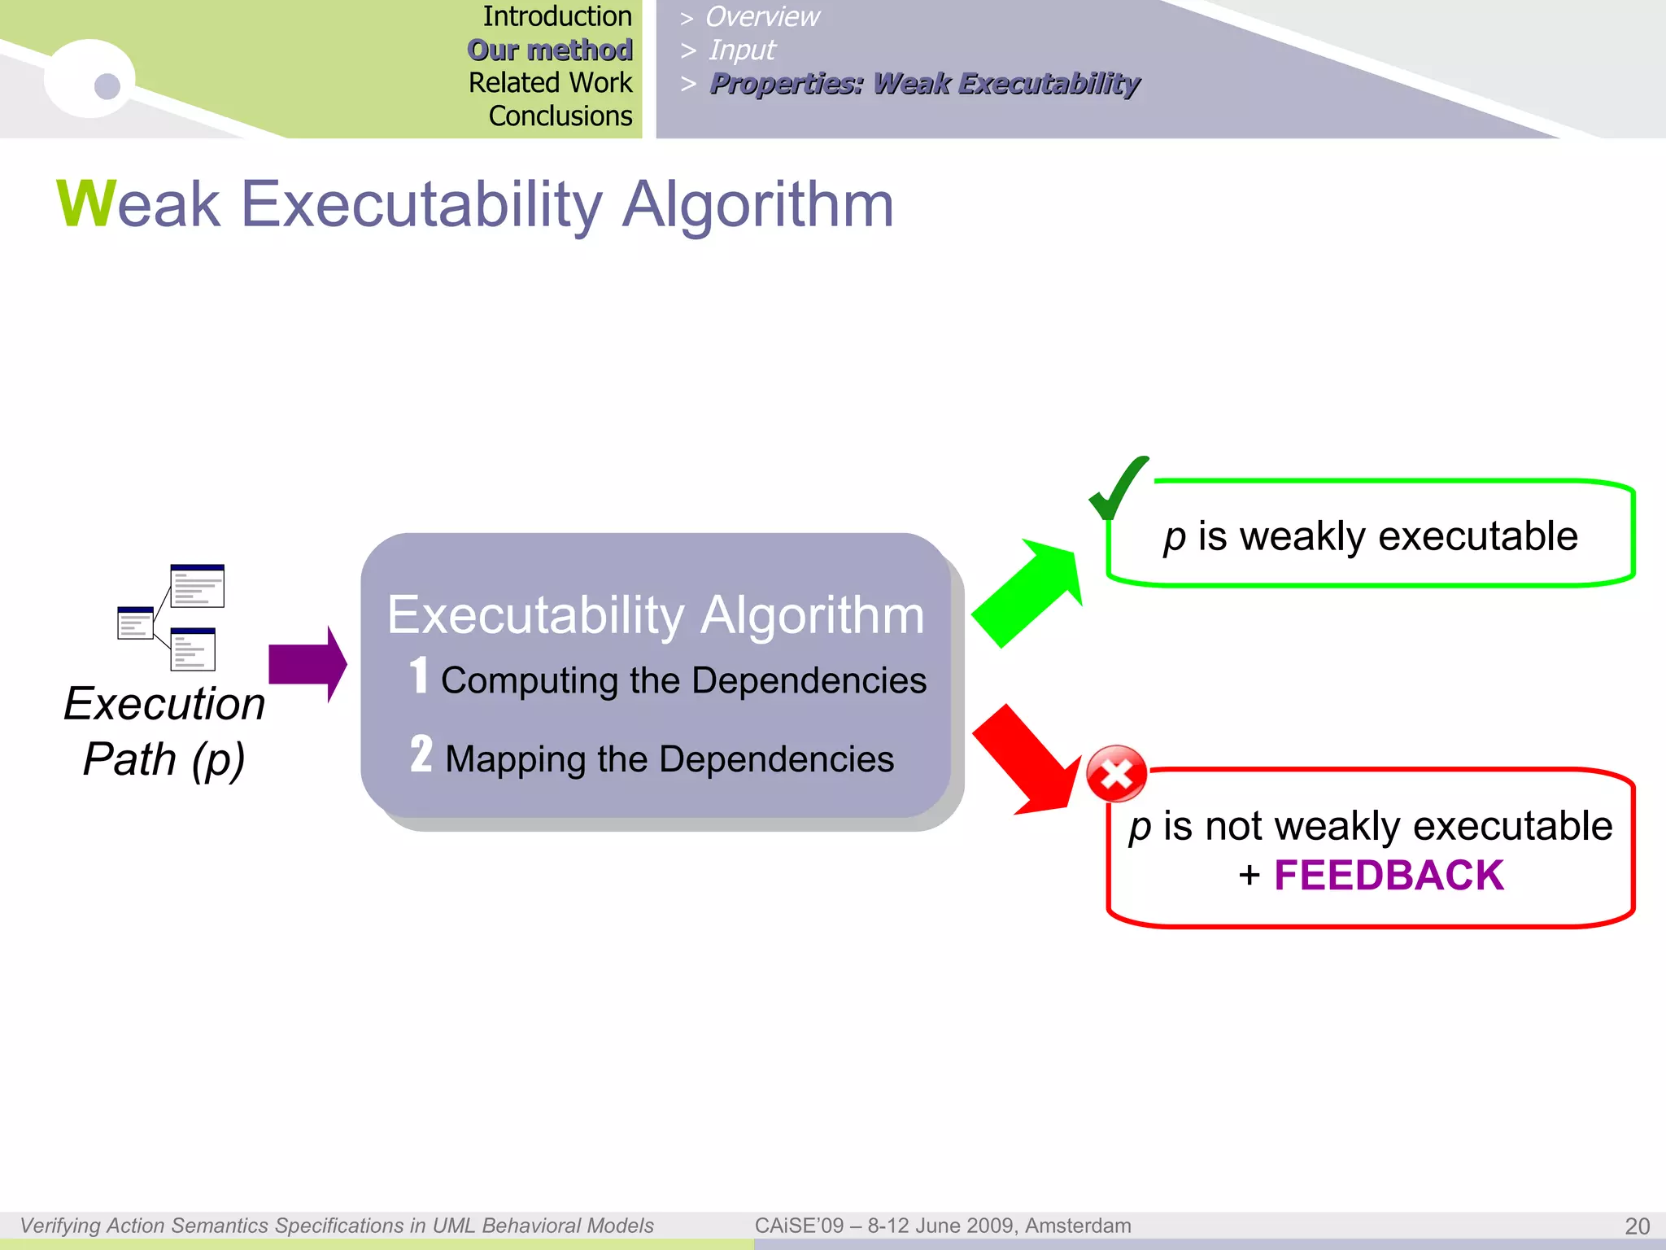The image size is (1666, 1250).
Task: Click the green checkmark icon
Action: (x=1117, y=488)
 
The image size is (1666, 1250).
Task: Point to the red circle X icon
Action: (x=1116, y=774)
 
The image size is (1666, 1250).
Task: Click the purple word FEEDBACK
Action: (x=1389, y=876)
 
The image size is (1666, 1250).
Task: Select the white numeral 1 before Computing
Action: (x=419, y=675)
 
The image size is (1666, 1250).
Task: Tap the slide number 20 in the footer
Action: (x=1637, y=1226)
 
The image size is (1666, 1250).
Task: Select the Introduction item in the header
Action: (x=556, y=16)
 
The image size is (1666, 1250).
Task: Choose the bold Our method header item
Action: (x=550, y=50)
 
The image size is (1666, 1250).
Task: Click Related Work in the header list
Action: (x=550, y=83)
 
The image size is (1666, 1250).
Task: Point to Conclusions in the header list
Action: (x=560, y=116)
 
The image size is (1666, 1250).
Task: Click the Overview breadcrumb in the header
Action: (x=762, y=16)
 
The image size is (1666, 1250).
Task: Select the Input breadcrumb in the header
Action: (x=742, y=50)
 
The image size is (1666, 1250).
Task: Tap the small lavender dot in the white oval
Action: (x=107, y=85)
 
